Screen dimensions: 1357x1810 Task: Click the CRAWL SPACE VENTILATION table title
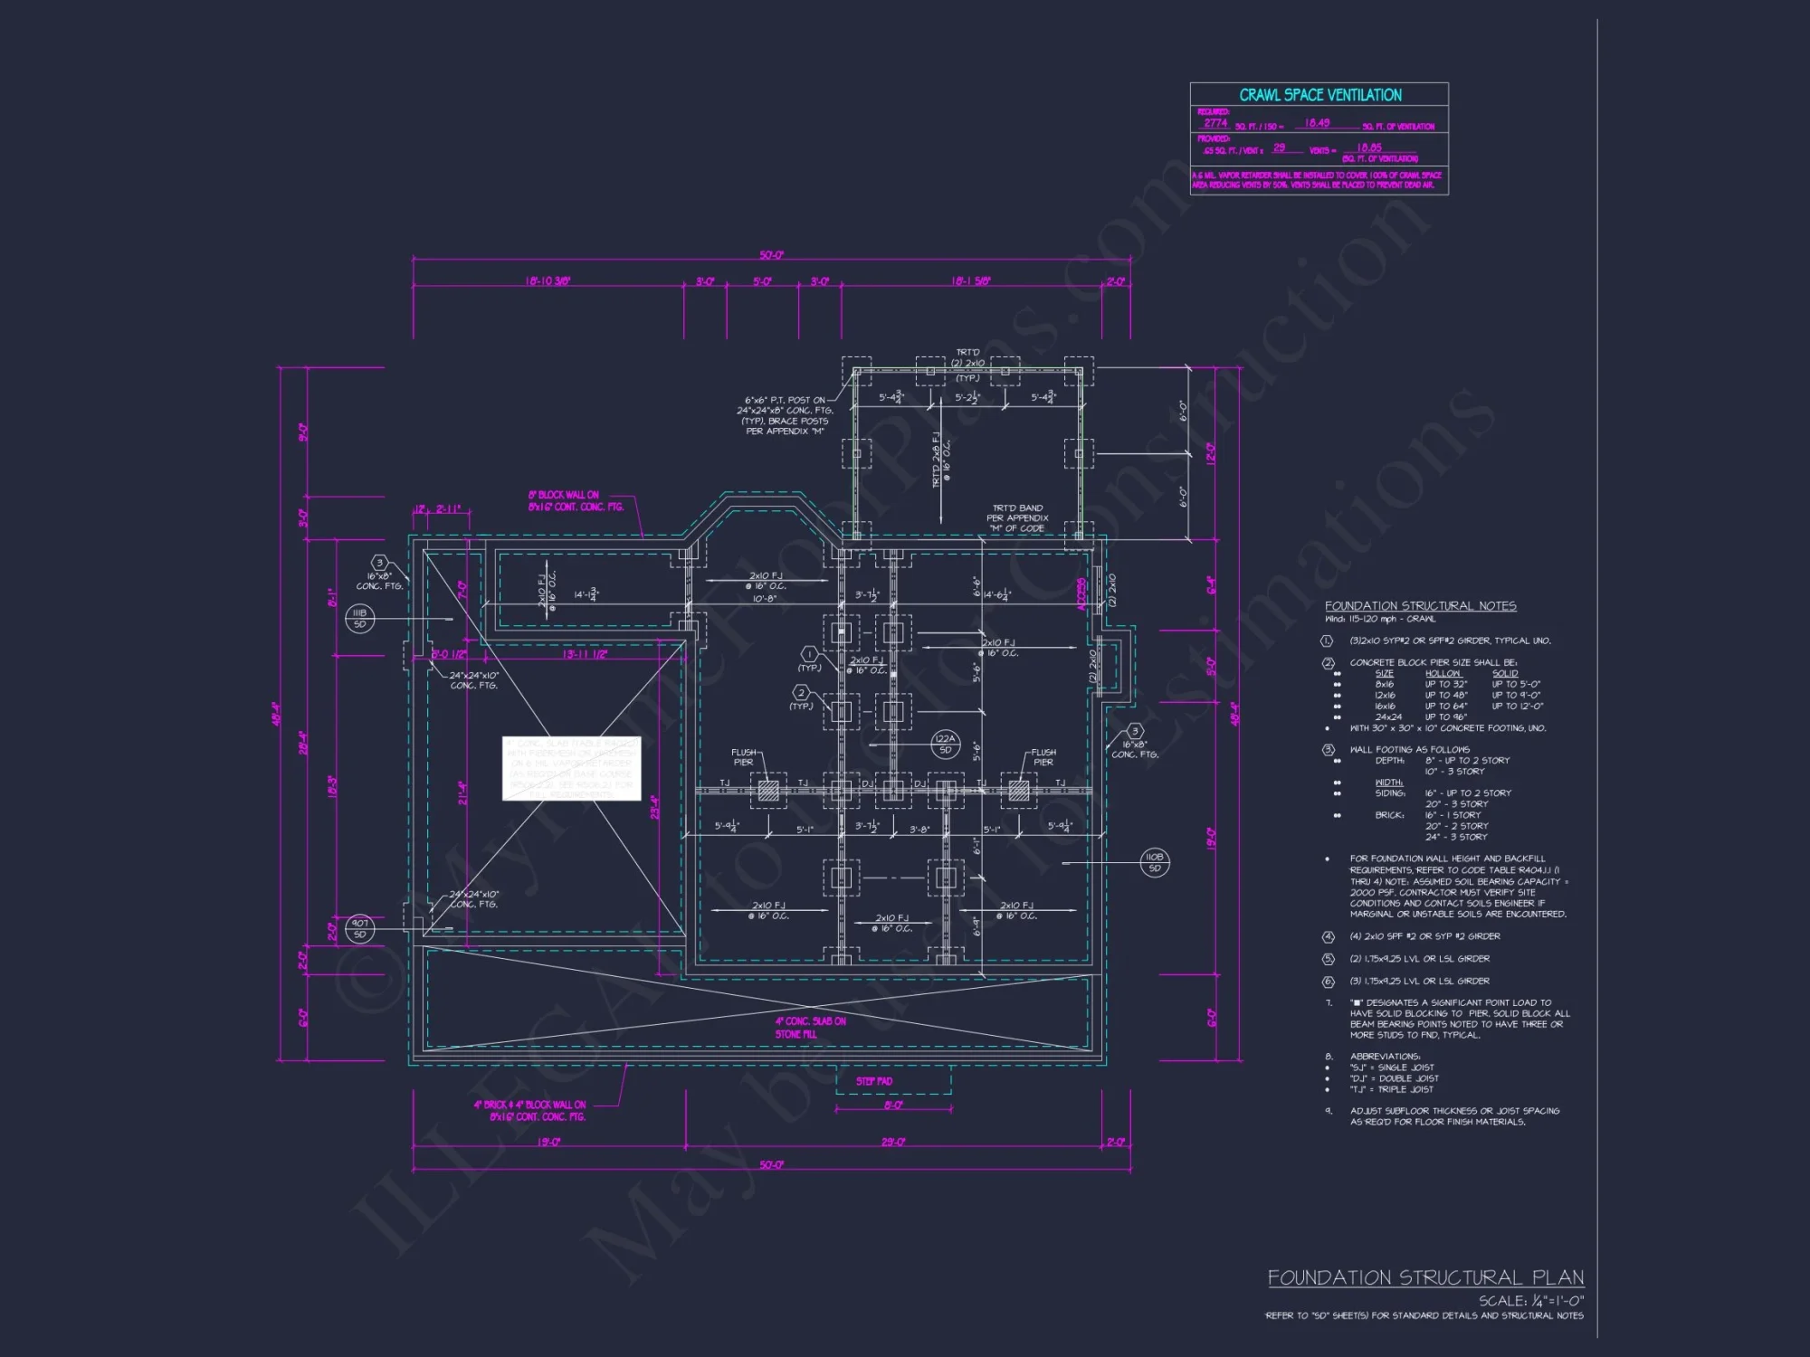pos(1319,95)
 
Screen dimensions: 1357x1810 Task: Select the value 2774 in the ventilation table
pos(1215,123)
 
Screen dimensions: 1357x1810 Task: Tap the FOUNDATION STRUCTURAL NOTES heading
pos(1420,606)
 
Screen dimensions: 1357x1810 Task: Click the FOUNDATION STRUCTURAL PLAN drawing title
pos(1425,1277)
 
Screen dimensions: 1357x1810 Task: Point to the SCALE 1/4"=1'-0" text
pos(1531,1301)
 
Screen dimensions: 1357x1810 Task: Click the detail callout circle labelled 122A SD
pos(945,744)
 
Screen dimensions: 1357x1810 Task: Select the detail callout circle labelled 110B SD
pos(1154,862)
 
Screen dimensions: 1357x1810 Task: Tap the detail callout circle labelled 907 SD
pos(359,928)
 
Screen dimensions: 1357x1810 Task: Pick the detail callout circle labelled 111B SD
pos(359,618)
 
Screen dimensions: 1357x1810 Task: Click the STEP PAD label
pos(874,1081)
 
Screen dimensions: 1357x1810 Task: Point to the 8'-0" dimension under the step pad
pos(892,1106)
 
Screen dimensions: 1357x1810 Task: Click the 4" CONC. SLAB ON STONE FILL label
pos(810,1027)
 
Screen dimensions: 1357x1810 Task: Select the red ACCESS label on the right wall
pos(1081,594)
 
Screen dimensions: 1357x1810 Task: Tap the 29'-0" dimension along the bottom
pos(893,1142)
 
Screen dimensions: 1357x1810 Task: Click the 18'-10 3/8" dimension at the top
pos(548,281)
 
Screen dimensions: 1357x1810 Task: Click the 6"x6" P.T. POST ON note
pos(785,400)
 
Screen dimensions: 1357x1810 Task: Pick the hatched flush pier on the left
pos(768,792)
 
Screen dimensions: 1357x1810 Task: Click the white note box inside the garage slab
pos(571,768)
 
